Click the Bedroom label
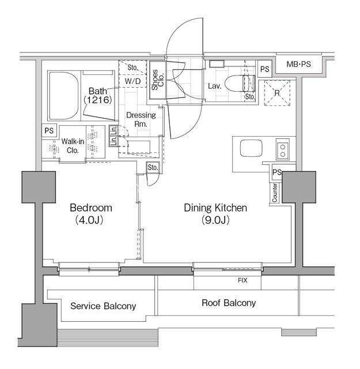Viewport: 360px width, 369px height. pyautogui.click(x=90, y=208)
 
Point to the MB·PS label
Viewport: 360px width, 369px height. pyautogui.click(x=298, y=64)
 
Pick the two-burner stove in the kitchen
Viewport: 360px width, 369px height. pyautogui.click(x=283, y=150)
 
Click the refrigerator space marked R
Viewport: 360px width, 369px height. pyautogui.click(x=277, y=92)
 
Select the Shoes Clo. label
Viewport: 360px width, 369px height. pyautogui.click(x=156, y=80)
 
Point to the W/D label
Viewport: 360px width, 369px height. pyautogui.click(x=133, y=81)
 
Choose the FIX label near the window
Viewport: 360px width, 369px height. pyautogui.click(x=242, y=281)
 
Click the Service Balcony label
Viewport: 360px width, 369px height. pyautogui.click(x=103, y=306)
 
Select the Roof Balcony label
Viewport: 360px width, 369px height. pyautogui.click(x=229, y=303)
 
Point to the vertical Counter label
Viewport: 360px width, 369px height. pyautogui.click(x=275, y=193)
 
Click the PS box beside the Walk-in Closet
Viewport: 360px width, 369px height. pyautogui.click(x=49, y=131)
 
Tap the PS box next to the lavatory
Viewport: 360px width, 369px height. pyautogui.click(x=264, y=69)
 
